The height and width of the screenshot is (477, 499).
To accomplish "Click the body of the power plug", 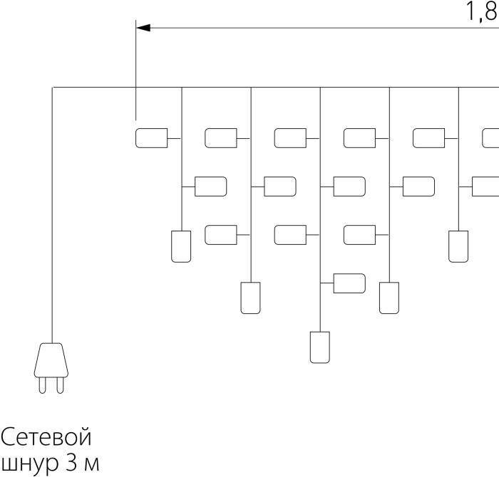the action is pos(51,360).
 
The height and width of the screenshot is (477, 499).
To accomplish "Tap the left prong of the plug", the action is pos(42,385).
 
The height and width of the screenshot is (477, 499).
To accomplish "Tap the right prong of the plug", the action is pos(60,385).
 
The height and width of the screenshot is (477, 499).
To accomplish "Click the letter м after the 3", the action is pos(92,464).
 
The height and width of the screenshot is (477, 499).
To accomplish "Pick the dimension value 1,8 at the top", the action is pos(481,11).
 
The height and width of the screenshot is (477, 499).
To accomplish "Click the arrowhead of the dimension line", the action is pos(143,28).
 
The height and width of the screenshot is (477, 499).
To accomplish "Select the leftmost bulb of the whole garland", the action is pos(151,138).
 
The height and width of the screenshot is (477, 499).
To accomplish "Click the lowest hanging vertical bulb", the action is pos(320,347).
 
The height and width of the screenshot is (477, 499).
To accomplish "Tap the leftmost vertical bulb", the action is pos(181,246).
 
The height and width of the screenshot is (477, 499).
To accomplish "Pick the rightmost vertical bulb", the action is pos(458,246).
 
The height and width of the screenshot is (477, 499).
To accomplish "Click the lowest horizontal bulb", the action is pos(349,283).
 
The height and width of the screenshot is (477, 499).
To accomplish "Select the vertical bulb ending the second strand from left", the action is pos(250,298).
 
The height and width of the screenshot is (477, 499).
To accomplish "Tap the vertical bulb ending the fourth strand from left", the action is pos(389,298).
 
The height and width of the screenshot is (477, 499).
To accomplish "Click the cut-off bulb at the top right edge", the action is pos(490,138).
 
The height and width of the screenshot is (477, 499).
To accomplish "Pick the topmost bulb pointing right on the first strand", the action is pos(211,187).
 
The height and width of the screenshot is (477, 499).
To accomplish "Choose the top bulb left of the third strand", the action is pos(290,138).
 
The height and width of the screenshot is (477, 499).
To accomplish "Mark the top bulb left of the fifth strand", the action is pos(428,138).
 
